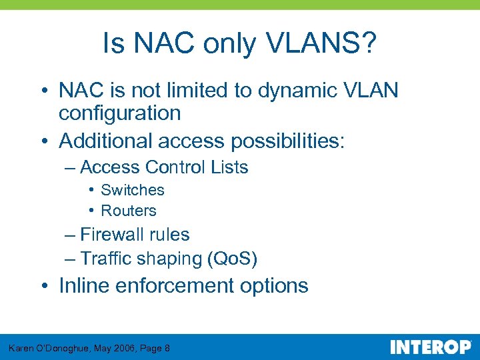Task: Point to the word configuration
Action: pyautogui.click(x=119, y=113)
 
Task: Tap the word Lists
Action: pyautogui.click(x=230, y=167)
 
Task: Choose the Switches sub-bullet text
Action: pyautogui.click(x=132, y=190)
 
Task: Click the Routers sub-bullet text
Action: pyautogui.click(x=128, y=211)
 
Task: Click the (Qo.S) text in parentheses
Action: pyautogui.click(x=233, y=258)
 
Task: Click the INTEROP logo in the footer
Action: pyautogui.click(x=430, y=347)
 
